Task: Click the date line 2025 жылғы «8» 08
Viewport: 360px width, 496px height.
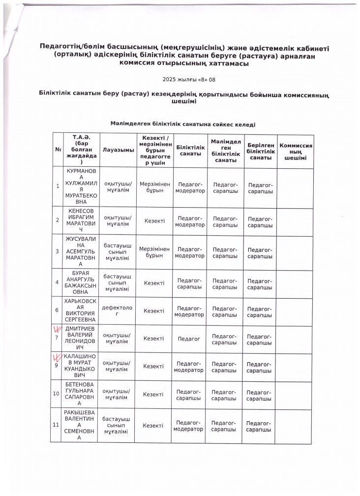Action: pyautogui.click(x=181, y=79)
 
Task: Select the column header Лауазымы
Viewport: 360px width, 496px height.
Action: pyautogui.click(x=118, y=150)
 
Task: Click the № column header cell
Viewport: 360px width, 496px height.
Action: pyautogui.click(x=58, y=150)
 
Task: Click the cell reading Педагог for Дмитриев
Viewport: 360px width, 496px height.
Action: pyautogui.click(x=190, y=339)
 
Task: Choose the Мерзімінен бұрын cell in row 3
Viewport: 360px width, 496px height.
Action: pyautogui.click(x=154, y=252)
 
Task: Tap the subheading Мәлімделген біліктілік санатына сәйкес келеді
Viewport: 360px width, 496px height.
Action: pyautogui.click(x=182, y=124)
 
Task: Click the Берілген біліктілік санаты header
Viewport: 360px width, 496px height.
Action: pyautogui.click(x=260, y=150)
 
